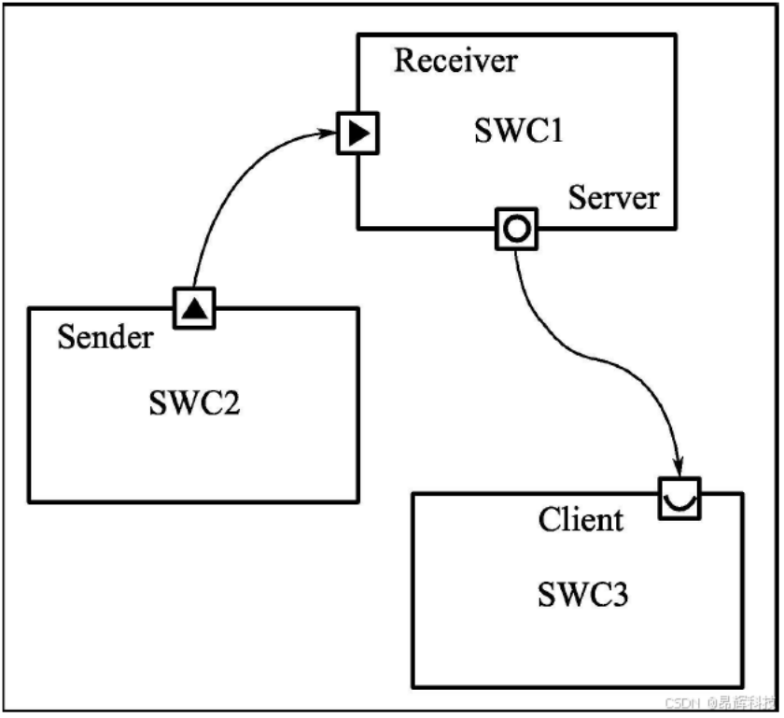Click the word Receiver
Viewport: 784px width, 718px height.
[455, 61]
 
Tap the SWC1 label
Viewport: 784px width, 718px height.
[519, 131]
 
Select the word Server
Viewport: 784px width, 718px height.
[613, 198]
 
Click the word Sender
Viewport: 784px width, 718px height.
[105, 337]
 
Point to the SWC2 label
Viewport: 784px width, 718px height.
[194, 402]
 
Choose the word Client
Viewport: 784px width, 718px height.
[581, 519]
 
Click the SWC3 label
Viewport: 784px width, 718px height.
[583, 595]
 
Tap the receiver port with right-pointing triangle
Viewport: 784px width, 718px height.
[357, 134]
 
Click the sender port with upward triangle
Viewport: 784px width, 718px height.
[194, 308]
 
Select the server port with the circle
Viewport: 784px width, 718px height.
[516, 229]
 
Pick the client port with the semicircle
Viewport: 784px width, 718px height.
[679, 499]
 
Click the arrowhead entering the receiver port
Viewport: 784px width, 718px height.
[328, 134]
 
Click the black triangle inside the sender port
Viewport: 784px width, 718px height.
[194, 309]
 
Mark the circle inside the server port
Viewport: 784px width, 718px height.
[516, 229]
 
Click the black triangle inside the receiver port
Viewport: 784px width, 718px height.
[358, 134]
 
